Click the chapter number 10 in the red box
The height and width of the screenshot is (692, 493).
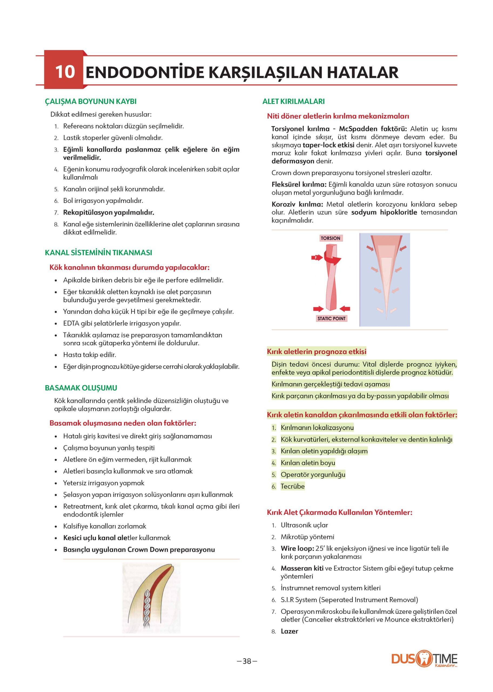tap(65, 72)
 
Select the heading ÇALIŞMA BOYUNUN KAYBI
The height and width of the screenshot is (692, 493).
tap(90, 101)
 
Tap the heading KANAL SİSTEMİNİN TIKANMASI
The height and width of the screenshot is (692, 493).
tap(98, 253)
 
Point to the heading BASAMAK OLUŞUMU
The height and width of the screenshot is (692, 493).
tap(81, 388)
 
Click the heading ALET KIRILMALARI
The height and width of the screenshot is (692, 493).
tap(293, 101)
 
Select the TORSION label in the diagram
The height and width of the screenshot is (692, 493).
tap(330, 238)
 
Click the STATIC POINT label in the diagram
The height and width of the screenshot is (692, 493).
tap(331, 318)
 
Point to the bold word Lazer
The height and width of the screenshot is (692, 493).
tap(289, 631)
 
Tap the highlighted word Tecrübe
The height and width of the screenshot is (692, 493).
tap(292, 486)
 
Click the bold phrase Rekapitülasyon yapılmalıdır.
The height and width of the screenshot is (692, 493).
tap(108, 213)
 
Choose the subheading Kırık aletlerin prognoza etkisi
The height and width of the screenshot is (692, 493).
tap(316, 352)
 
